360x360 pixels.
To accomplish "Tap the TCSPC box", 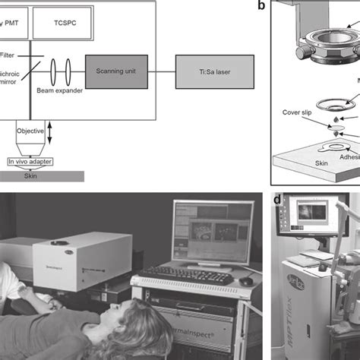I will tap(69, 25).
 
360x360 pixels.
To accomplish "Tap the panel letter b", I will tap(261, 7).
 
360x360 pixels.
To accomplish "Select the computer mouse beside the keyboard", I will tap(245, 280).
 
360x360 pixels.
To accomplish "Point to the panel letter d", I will tap(278, 200).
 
